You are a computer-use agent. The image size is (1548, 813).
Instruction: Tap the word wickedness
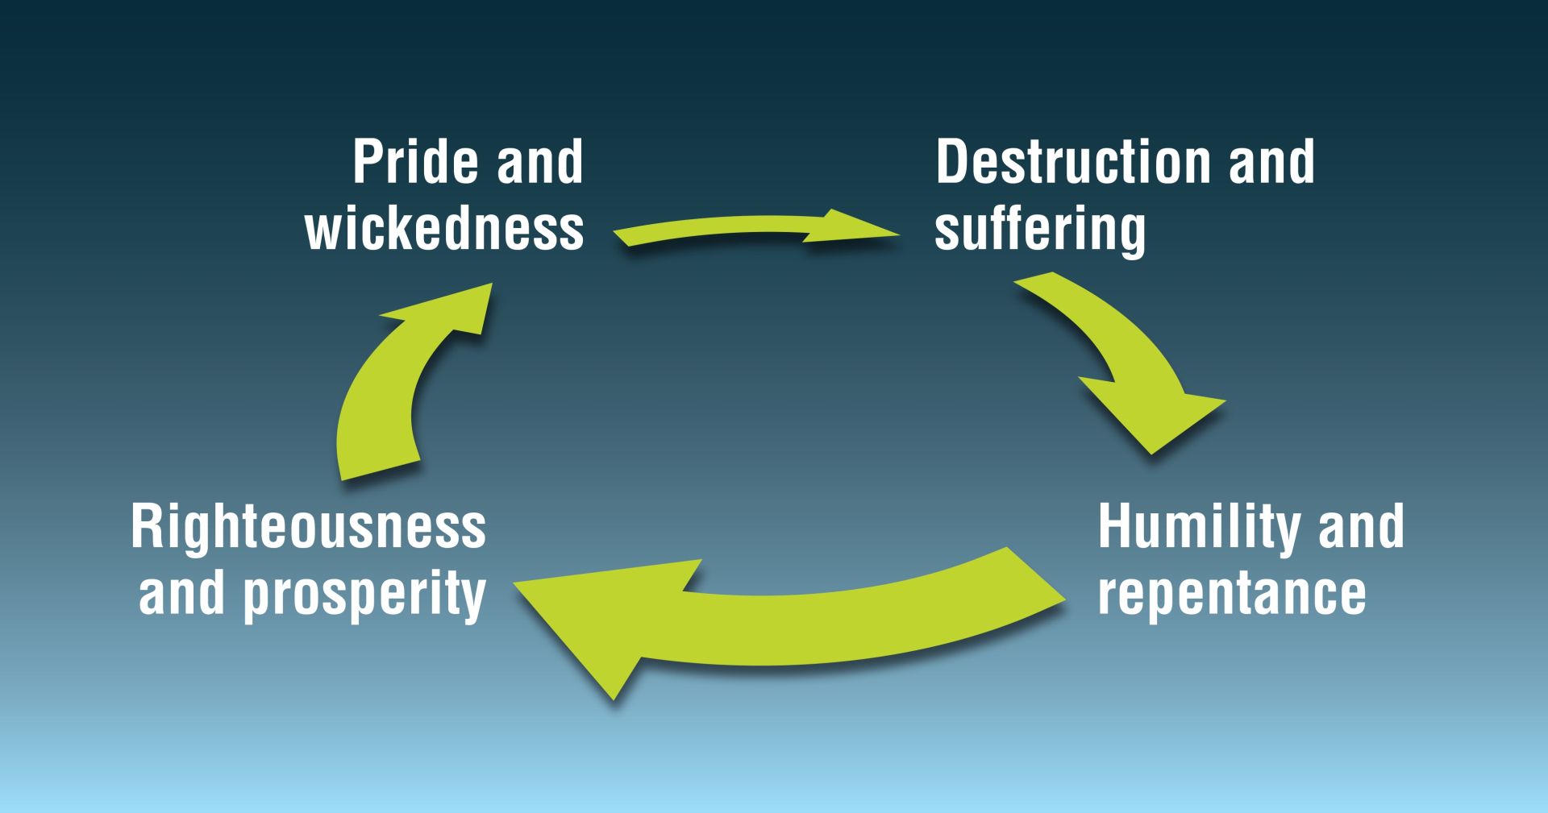444,229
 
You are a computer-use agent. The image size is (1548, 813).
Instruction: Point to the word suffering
1039,230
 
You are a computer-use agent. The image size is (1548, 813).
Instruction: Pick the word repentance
1231,594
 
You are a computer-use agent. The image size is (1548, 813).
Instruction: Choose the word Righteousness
308,527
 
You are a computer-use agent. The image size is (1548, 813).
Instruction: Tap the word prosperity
364,595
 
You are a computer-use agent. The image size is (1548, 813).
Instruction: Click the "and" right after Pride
539,162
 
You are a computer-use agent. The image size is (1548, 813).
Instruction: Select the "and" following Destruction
1271,162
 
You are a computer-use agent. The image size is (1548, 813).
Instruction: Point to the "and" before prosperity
181,594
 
